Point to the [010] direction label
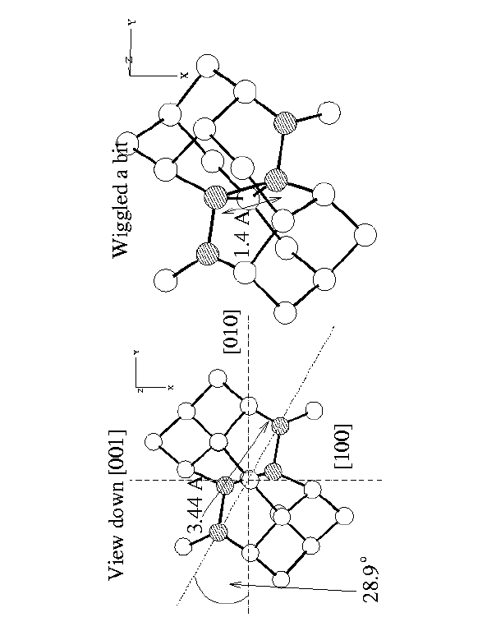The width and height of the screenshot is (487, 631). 232,332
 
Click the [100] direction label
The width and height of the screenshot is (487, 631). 343,446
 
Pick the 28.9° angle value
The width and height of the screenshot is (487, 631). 370,580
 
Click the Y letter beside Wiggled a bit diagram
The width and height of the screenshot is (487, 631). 133,21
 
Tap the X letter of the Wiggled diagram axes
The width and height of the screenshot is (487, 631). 184,75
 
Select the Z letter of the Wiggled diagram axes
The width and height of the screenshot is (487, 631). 129,60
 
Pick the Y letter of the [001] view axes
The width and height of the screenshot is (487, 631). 136,352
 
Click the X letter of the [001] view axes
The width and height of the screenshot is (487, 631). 171,387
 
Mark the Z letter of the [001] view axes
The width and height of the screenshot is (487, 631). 140,390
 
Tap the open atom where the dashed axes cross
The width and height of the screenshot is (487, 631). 250,479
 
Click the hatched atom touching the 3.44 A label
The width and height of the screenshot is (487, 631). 224,486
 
